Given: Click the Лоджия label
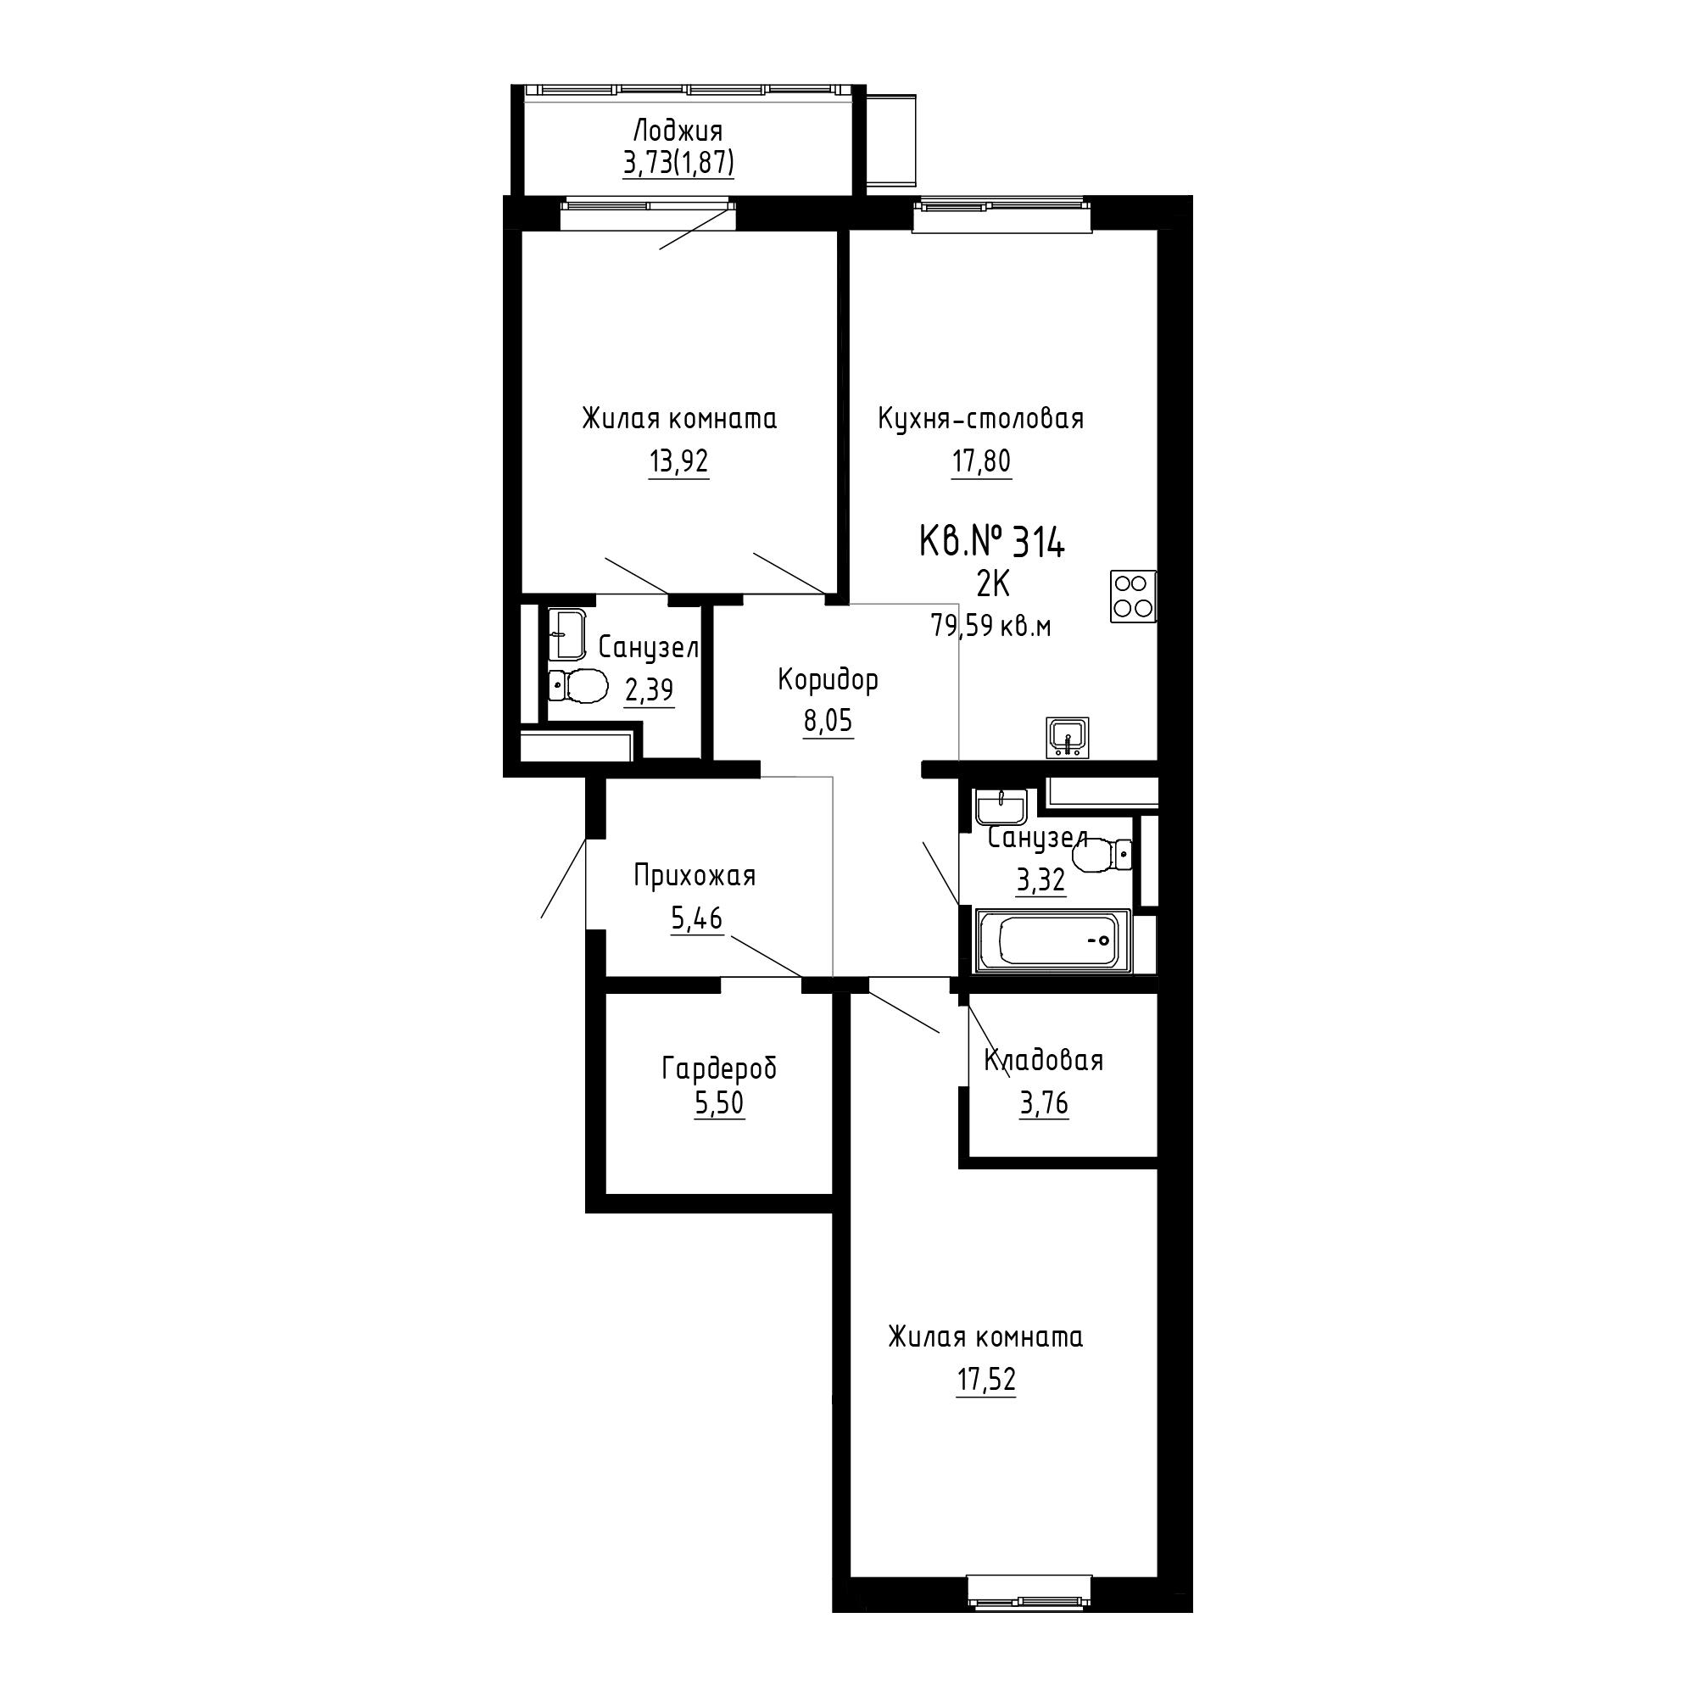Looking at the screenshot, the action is pos(678,132).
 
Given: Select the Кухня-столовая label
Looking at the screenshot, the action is pos(980,419).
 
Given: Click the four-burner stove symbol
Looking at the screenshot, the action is pos(1132,597).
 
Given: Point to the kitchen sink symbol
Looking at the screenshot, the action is pos(1068,738).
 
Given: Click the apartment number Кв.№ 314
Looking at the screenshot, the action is pos(992,543).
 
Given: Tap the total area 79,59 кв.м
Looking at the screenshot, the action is pos(991,627).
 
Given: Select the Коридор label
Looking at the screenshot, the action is pos(828,679).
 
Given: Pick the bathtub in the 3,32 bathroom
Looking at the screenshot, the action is pos(1051,942).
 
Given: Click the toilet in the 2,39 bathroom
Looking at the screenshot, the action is pos(578,685).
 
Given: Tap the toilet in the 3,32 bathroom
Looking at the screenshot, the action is pos(1102,853).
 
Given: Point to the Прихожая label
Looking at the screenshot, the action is pos(695,876).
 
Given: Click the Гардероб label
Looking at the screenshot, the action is pos(719,1068).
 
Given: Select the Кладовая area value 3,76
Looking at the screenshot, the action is pos(1044,1102).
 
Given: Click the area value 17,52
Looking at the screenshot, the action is pos(986,1380).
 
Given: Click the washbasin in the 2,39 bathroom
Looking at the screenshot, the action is pos(568,633).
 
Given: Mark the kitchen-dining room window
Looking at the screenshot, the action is pos(1001,214).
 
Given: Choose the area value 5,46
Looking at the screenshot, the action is pos(697,918).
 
